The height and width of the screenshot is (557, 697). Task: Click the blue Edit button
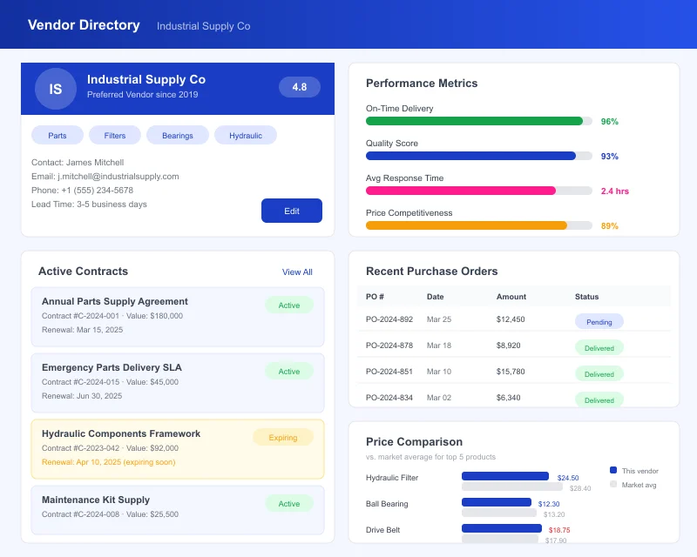tap(292, 211)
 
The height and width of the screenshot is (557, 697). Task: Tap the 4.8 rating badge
tap(300, 87)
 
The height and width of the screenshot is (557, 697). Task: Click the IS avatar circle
tap(56, 89)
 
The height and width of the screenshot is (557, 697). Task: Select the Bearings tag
tap(178, 135)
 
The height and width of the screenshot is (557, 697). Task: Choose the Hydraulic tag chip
tap(246, 135)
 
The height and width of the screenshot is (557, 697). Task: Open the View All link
tap(297, 272)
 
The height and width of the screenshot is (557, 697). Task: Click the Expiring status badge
tap(283, 438)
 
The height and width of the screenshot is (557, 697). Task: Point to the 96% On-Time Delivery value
tap(610, 122)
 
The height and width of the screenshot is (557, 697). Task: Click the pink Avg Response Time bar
tap(460, 191)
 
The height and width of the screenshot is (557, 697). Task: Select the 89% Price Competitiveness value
tap(610, 226)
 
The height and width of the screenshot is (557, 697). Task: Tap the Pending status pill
tap(599, 322)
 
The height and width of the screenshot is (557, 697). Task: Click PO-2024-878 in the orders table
tap(389, 346)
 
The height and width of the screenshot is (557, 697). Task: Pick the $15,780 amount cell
tap(511, 372)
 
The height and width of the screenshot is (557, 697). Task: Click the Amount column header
tap(511, 297)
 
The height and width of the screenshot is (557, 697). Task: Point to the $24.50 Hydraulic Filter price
tap(568, 478)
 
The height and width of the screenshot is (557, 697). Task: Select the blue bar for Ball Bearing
tap(497, 502)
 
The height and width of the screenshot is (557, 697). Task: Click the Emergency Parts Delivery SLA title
tap(112, 367)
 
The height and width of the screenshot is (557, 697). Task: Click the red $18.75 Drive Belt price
tap(558, 530)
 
